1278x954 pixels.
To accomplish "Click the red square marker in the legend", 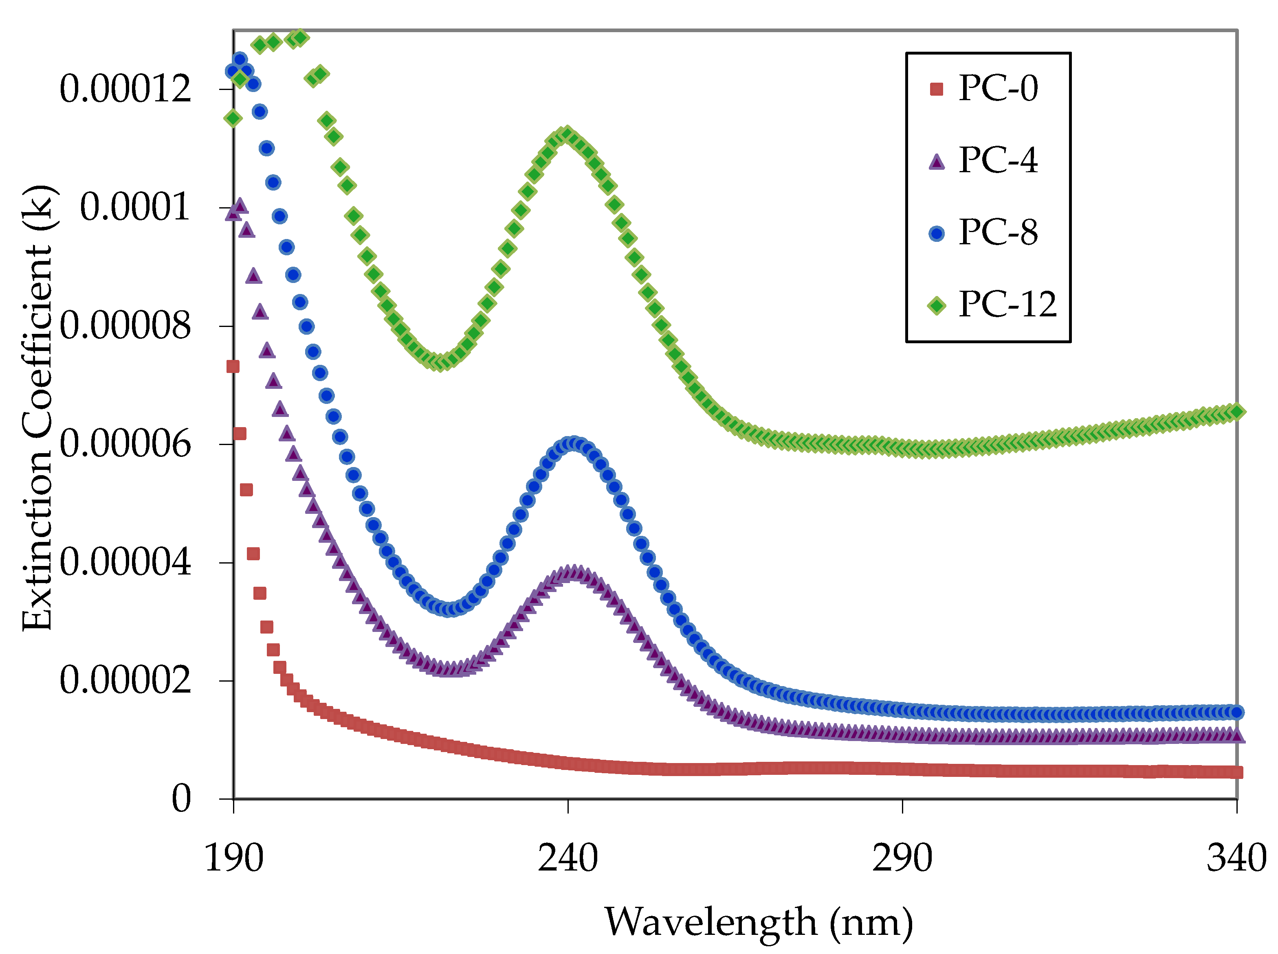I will (x=937, y=89).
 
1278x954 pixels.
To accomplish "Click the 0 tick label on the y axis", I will (x=181, y=798).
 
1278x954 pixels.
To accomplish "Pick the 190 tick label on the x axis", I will (x=234, y=858).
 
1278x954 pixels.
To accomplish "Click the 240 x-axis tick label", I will (x=568, y=858).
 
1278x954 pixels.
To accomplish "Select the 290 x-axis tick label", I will (x=902, y=858).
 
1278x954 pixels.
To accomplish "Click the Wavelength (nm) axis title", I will (x=759, y=922).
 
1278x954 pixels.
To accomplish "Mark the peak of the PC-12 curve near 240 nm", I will (x=566, y=134).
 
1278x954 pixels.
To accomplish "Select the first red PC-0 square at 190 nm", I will (x=233, y=366).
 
